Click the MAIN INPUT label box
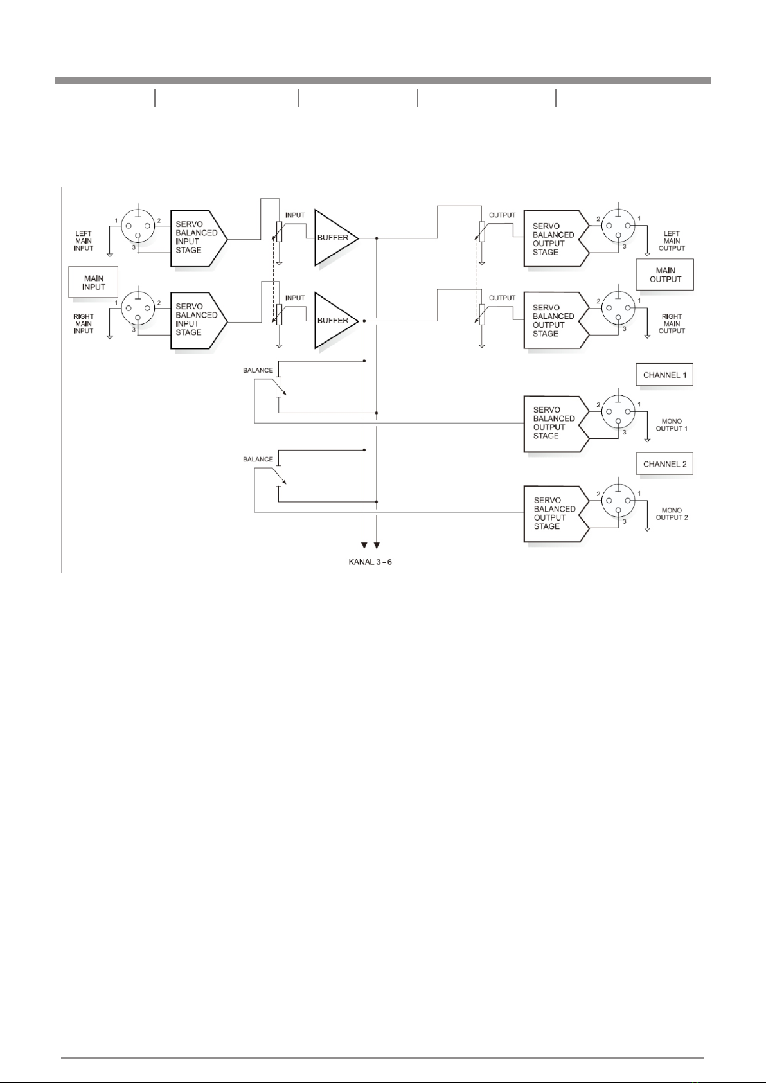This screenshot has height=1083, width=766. pyautogui.click(x=93, y=283)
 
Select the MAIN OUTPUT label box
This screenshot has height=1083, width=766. pyautogui.click(x=665, y=274)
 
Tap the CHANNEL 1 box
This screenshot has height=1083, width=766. pyautogui.click(x=665, y=375)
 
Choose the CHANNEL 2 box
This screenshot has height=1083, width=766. pyautogui.click(x=665, y=464)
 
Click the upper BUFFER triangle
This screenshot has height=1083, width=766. pyautogui.click(x=334, y=238)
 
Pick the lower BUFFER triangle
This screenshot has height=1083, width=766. pyautogui.click(x=334, y=320)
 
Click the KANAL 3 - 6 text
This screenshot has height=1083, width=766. pyautogui.click(x=370, y=562)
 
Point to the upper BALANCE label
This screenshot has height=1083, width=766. pyautogui.click(x=258, y=370)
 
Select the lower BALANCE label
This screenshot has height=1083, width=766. pyautogui.click(x=258, y=459)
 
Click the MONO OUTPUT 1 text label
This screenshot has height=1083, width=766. pyautogui.click(x=672, y=425)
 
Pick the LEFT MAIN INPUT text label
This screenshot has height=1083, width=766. pyautogui.click(x=84, y=241)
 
